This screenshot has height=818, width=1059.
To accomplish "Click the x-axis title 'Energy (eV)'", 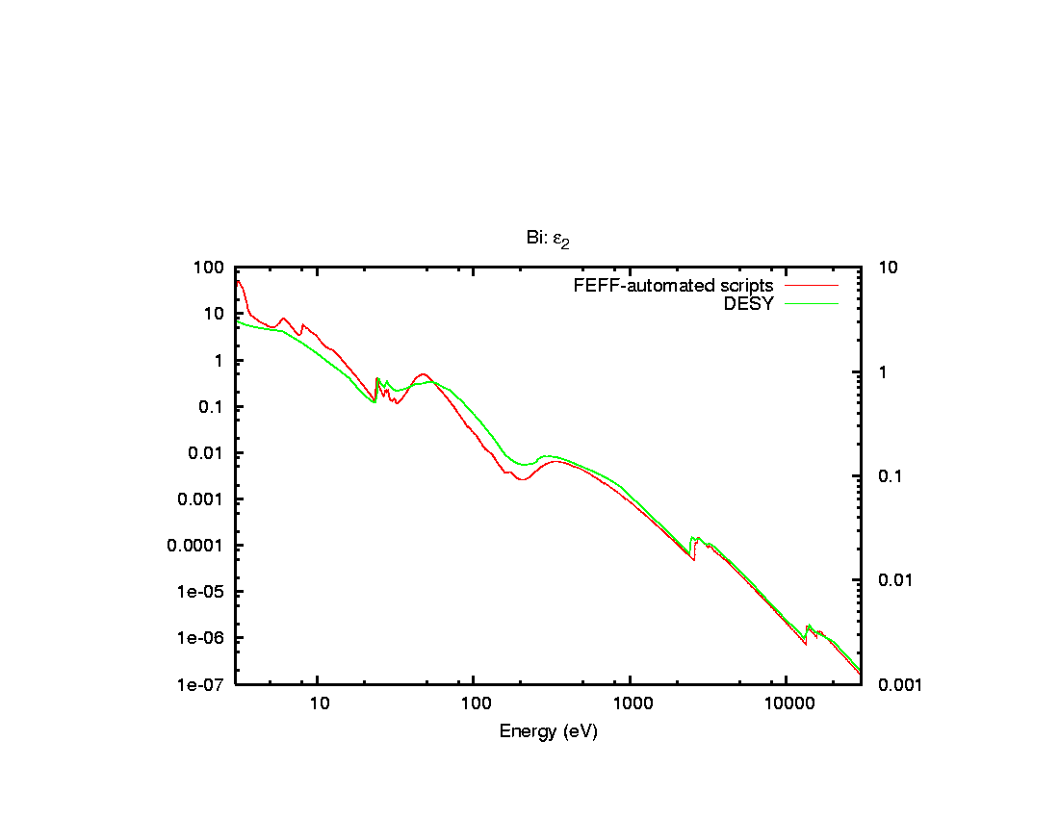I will [x=548, y=731].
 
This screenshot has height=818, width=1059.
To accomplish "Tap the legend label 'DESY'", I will [x=749, y=304].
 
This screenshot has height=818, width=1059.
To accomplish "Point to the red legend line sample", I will [x=812, y=286].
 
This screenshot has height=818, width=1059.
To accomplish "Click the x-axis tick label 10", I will [x=319, y=704].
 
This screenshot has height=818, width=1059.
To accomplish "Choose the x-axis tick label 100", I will [x=475, y=704].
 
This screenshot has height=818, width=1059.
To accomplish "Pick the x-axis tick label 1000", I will [x=631, y=704].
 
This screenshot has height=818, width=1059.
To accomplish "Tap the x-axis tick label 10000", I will [x=788, y=704].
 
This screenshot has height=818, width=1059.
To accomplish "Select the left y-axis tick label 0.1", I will [x=212, y=407].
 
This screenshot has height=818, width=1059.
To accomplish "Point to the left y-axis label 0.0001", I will [x=197, y=546].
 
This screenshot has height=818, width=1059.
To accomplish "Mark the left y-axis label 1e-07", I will [x=203, y=684].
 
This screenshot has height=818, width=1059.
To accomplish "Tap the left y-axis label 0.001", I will [x=203, y=499].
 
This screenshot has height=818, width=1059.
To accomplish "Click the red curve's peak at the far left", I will [x=238, y=280].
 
